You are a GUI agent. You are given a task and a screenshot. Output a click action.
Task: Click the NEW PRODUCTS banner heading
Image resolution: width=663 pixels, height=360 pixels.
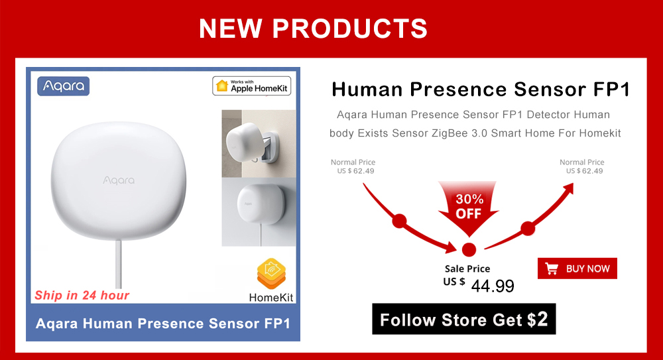point(313,29)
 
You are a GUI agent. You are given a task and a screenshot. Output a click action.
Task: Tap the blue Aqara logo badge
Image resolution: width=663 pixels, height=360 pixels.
point(64,86)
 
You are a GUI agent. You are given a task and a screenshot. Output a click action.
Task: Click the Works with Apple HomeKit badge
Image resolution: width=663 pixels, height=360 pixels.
point(251,86)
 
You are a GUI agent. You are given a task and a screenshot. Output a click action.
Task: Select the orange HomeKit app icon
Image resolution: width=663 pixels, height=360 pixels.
point(271,273)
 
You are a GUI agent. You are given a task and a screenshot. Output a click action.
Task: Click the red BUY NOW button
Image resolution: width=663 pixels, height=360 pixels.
point(577,269)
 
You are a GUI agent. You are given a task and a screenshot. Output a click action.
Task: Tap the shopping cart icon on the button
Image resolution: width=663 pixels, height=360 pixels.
point(552,269)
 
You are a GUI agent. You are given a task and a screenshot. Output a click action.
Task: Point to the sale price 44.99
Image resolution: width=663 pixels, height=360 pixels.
point(493,286)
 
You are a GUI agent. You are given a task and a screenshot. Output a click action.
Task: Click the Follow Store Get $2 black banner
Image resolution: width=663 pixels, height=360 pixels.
point(464,319)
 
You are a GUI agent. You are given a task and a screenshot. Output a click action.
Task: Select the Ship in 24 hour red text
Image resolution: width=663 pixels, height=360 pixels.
point(82,295)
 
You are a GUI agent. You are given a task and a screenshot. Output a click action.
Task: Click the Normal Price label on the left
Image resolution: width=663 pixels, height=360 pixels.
point(353,162)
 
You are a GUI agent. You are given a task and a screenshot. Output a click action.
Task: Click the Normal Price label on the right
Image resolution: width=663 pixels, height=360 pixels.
point(582,162)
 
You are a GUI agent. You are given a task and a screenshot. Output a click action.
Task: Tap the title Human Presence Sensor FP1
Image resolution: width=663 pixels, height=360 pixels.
point(481,90)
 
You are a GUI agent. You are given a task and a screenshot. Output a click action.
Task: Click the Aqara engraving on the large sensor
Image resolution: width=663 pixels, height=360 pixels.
point(119,180)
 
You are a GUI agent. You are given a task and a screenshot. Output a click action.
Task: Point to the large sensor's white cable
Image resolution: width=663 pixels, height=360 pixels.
point(119,263)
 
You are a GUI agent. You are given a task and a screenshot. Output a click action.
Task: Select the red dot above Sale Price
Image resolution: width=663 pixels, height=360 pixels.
point(469,249)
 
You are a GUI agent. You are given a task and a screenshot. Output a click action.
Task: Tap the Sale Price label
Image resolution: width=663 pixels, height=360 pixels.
point(467,269)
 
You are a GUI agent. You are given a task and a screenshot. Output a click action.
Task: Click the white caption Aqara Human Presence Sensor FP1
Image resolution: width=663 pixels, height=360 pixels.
point(163,324)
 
